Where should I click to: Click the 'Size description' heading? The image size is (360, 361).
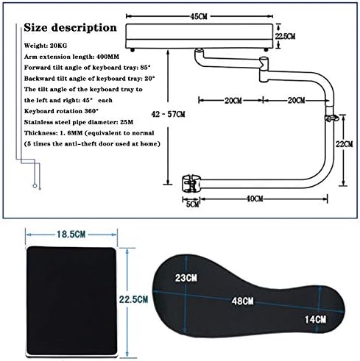point(70,27)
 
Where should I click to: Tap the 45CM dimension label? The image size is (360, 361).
point(199,16)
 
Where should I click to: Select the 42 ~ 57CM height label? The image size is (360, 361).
point(168,114)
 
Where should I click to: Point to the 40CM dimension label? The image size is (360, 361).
point(255,199)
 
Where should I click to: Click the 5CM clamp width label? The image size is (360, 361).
point(192,204)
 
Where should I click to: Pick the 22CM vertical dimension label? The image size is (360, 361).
point(344,144)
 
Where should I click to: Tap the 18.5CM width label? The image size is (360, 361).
point(71,235)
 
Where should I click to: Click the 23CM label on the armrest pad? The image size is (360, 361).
point(186,278)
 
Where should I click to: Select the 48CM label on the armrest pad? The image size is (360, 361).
point(242,301)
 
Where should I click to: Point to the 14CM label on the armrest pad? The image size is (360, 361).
point(315,319)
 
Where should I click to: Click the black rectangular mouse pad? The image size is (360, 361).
point(71,301)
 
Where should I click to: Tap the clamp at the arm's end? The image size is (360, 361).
point(191,183)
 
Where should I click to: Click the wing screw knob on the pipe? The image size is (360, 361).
point(331,118)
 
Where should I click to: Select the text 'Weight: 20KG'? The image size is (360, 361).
point(46,46)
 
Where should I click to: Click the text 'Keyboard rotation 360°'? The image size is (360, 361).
point(61,111)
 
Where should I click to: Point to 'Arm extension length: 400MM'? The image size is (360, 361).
point(71,57)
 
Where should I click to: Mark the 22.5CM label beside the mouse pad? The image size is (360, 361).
point(134,299)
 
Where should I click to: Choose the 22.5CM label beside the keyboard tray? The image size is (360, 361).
point(285,36)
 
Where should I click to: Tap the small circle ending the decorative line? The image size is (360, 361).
point(35,186)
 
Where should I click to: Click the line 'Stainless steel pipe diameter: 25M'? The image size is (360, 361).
point(79,122)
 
